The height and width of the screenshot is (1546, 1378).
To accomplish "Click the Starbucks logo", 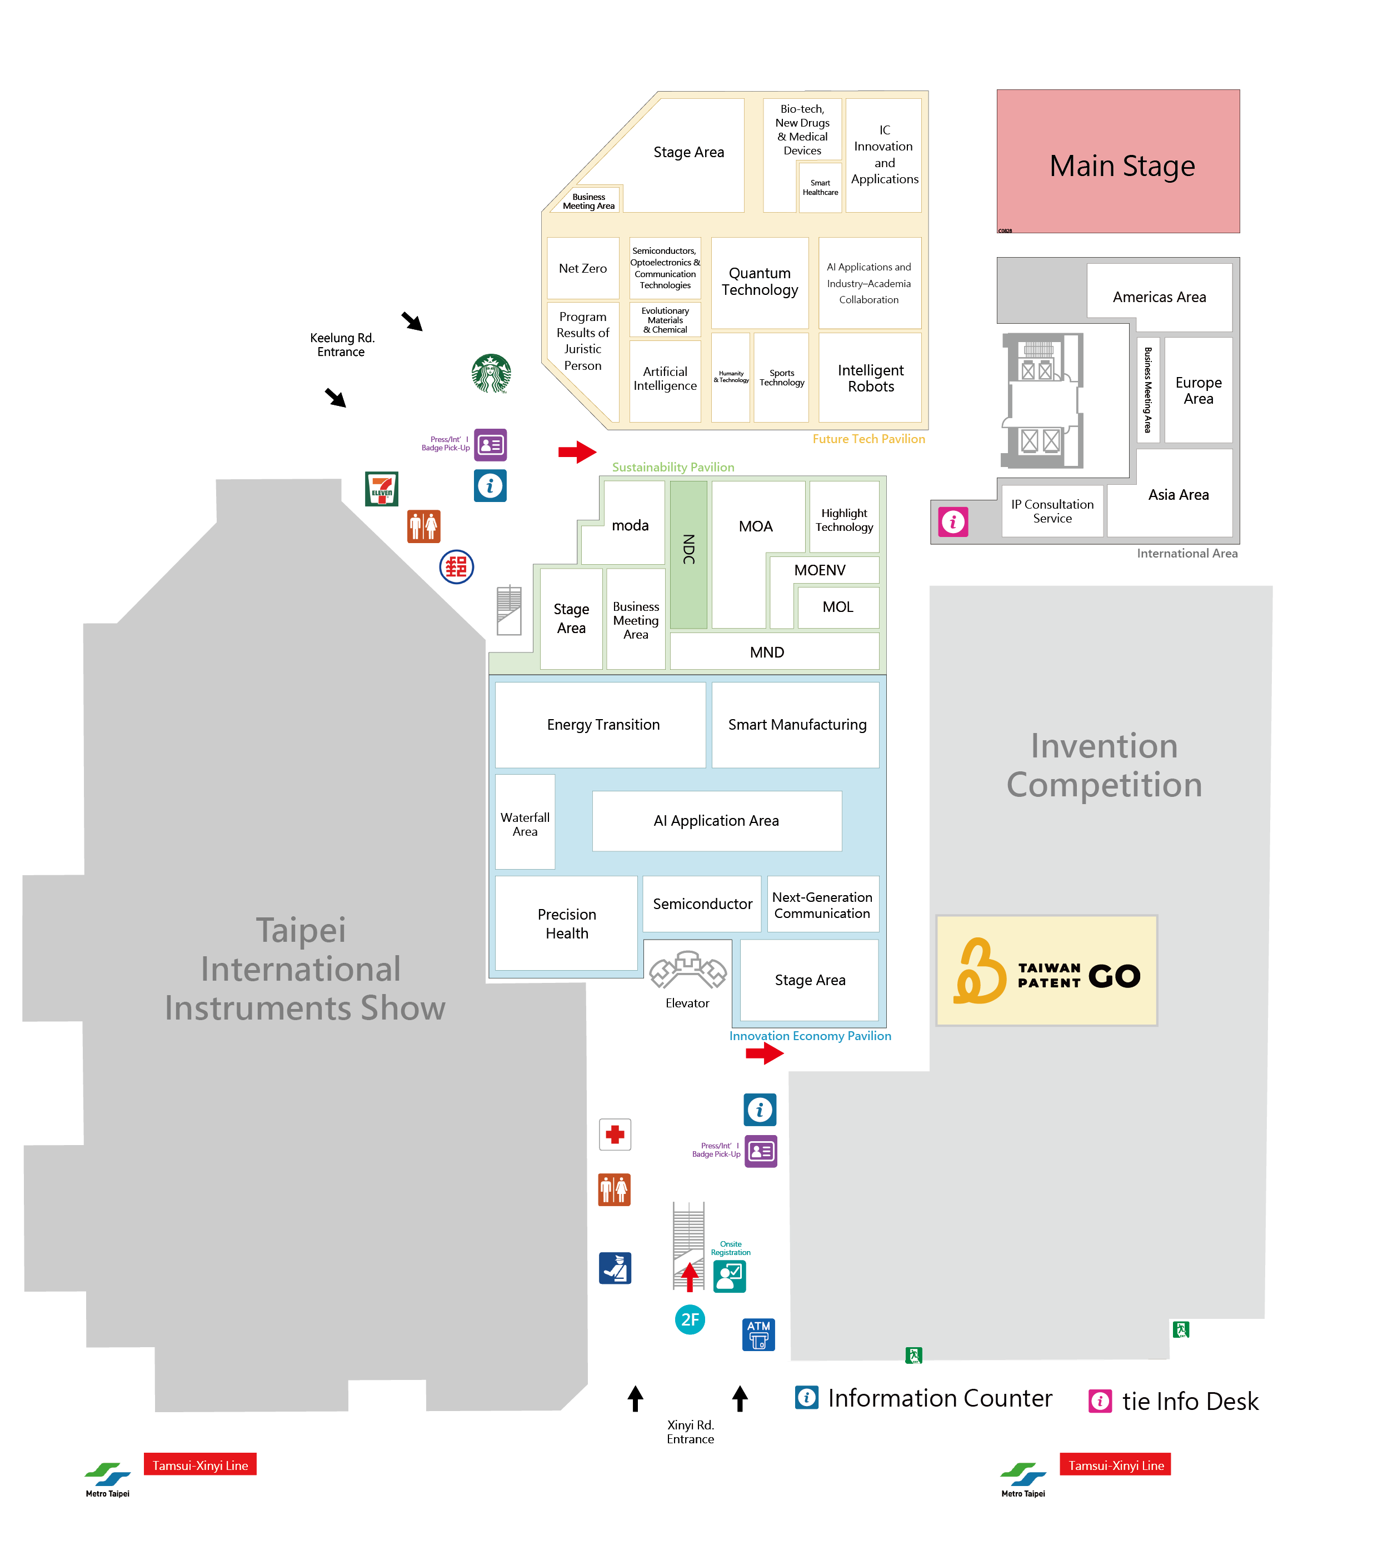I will [491, 373].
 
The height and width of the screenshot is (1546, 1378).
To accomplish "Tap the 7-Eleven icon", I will [382, 489].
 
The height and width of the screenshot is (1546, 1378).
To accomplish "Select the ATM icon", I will [758, 1334].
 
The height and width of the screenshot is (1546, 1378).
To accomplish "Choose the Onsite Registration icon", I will [729, 1277].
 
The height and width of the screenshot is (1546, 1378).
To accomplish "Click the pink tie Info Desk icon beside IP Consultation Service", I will [952, 521].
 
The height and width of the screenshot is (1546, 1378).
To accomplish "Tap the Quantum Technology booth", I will [760, 282].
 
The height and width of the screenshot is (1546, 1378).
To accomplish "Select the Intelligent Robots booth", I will [870, 378].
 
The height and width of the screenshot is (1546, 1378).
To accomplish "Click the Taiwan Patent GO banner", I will [1046, 970].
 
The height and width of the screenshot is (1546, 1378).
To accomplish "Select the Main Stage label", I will [1121, 165].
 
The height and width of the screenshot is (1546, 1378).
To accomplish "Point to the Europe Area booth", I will [1198, 390].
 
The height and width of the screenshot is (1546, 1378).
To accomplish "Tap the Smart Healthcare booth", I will [820, 187].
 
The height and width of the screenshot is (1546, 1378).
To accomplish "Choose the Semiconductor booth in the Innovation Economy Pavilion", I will [702, 903].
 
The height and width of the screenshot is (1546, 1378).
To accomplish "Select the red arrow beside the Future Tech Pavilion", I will [577, 452].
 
